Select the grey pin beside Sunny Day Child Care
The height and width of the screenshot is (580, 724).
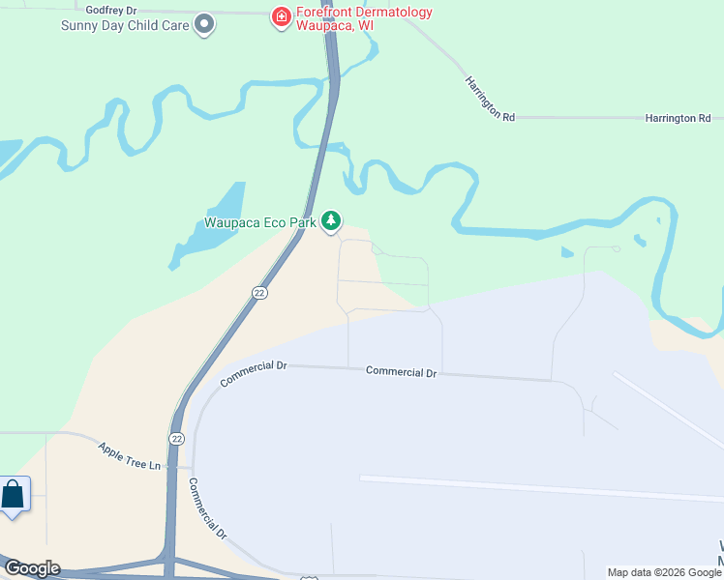point(204,23)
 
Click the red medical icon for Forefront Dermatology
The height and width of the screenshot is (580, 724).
point(281,16)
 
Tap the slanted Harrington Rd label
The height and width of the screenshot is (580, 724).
point(489,98)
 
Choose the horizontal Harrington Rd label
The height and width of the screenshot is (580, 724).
point(678,118)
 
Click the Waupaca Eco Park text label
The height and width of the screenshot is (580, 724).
point(260,222)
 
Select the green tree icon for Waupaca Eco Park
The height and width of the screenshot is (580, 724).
point(332,221)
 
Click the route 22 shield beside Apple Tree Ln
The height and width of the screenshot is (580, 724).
point(176,438)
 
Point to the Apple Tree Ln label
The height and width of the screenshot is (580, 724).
point(129,456)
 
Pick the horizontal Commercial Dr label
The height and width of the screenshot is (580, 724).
point(402,372)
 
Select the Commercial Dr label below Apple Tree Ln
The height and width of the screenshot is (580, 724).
point(207,508)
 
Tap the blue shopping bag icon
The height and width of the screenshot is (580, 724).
point(13,496)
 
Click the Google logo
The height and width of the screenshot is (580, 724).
point(31,568)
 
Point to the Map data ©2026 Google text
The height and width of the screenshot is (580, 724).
point(665,572)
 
